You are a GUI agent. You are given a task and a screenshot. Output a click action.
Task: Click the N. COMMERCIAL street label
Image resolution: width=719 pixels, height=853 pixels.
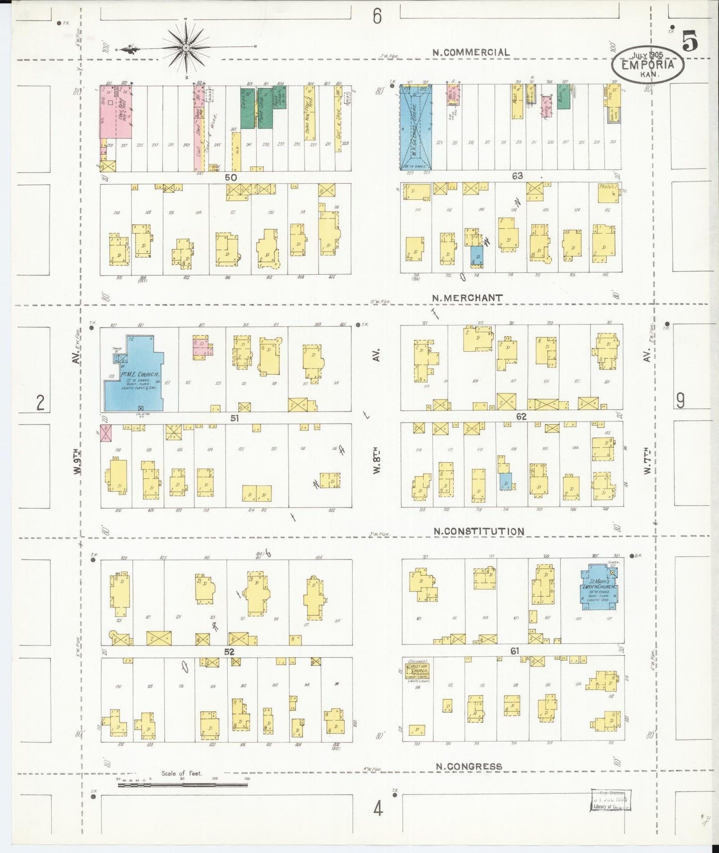click(x=471, y=52)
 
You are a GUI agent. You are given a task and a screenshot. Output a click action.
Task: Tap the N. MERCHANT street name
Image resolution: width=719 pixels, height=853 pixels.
click(x=467, y=298)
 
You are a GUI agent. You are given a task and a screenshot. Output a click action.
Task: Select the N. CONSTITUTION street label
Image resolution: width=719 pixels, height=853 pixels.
click(x=479, y=532)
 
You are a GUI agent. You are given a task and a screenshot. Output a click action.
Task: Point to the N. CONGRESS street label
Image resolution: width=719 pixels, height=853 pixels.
click(x=469, y=766)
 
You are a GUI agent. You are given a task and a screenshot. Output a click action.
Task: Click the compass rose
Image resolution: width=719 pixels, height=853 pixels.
click(x=185, y=48)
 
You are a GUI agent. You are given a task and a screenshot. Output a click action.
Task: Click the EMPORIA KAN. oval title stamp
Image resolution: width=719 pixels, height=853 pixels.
click(x=647, y=64)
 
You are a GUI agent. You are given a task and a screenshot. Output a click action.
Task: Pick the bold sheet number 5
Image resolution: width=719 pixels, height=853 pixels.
click(x=689, y=41)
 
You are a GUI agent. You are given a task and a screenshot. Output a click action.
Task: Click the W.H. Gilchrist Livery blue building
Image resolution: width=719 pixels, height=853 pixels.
click(x=416, y=127)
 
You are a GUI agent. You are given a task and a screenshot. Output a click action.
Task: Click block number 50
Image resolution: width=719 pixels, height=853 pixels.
click(x=230, y=177)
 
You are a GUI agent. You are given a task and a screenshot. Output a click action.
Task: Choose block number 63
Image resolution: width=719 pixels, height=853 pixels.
click(x=517, y=176)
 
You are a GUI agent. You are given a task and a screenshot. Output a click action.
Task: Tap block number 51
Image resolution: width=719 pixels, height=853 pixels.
click(x=234, y=419)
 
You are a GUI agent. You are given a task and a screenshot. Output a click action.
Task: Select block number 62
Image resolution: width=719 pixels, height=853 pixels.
click(x=521, y=417)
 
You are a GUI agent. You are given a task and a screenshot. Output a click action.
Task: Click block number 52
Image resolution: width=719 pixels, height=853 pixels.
click(x=229, y=651)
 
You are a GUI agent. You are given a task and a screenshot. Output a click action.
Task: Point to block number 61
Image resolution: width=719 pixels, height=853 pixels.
click(x=514, y=650)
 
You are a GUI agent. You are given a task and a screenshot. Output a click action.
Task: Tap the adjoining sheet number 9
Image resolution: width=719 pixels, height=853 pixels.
click(x=680, y=401)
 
